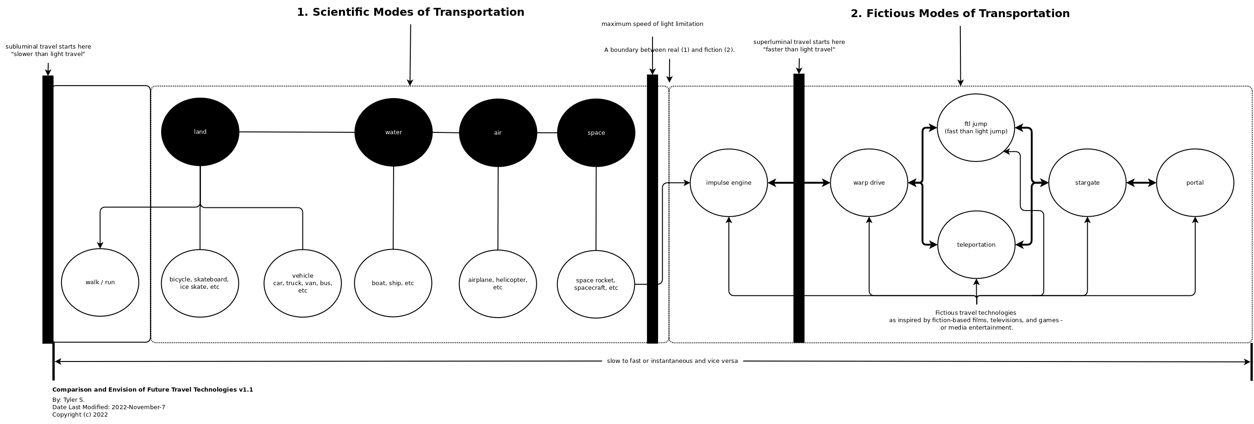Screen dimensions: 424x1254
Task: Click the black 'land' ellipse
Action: click(x=200, y=132)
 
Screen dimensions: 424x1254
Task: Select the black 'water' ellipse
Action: click(x=393, y=132)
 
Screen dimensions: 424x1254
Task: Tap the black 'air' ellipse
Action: click(x=497, y=133)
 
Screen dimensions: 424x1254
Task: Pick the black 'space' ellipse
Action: click(x=596, y=133)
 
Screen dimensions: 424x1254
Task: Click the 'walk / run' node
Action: click(x=100, y=282)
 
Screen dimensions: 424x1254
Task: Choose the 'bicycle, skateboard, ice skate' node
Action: click(x=200, y=283)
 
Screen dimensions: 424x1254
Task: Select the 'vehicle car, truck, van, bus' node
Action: click(x=302, y=283)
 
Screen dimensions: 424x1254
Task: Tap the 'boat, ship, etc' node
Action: click(x=393, y=283)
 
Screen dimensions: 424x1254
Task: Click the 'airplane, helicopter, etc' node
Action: click(x=497, y=284)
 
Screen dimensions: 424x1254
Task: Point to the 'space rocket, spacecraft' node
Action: click(x=596, y=284)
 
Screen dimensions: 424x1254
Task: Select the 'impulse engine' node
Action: click(x=729, y=183)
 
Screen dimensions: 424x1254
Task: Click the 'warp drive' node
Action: click(x=869, y=183)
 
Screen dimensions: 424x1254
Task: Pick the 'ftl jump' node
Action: click(x=976, y=128)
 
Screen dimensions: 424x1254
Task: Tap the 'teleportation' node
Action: click(x=976, y=245)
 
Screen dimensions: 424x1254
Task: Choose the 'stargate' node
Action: click(x=1087, y=183)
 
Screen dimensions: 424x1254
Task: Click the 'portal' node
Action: click(x=1195, y=183)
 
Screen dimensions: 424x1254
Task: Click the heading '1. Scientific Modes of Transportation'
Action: click(x=410, y=12)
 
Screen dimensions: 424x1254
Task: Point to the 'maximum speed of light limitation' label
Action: click(x=652, y=24)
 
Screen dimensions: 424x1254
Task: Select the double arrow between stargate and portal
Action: click(x=1141, y=183)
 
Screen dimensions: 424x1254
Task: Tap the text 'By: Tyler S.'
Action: click(x=69, y=400)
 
